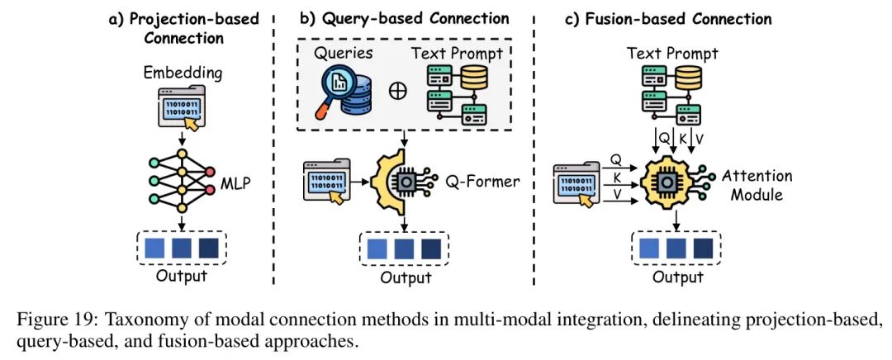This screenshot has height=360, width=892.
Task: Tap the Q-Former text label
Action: coord(483,181)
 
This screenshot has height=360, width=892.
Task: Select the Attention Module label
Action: coord(757,185)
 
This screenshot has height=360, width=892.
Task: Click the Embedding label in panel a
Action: coord(183,73)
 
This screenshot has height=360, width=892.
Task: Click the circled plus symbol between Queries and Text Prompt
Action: coord(397,90)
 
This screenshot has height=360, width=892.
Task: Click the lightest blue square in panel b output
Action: coord(377,249)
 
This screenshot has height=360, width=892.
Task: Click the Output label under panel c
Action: coord(678,277)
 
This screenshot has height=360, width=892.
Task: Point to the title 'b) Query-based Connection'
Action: coord(406,18)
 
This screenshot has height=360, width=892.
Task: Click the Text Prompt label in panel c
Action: coord(673,54)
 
